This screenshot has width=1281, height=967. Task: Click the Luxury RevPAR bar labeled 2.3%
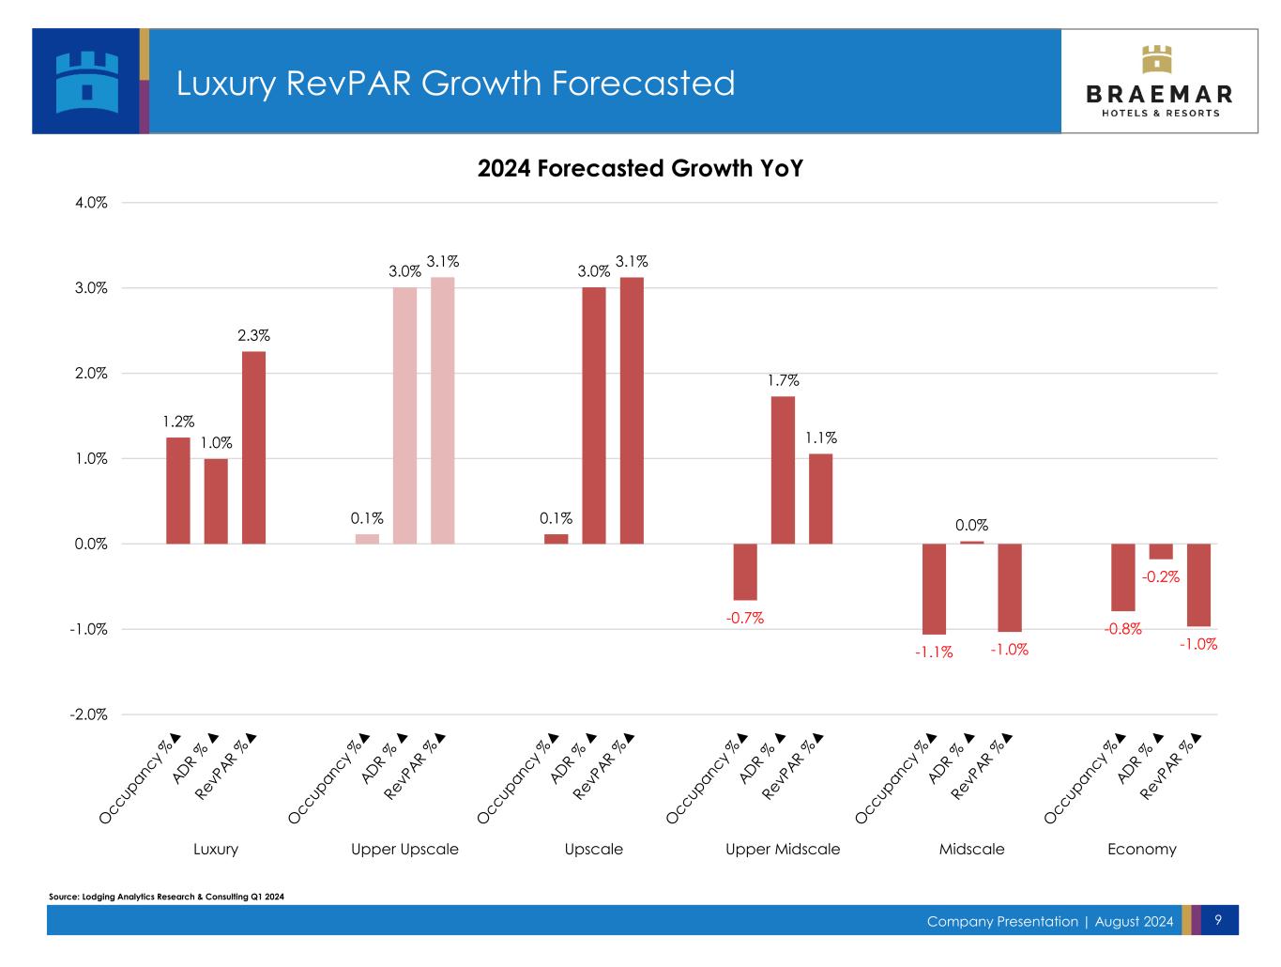coord(253,448)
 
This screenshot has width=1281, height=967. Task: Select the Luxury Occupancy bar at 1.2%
coord(178,490)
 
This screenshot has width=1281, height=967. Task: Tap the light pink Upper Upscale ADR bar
coord(404,415)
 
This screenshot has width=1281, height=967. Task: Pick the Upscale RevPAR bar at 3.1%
coord(632,410)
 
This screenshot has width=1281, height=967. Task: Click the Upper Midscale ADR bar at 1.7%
coord(783,469)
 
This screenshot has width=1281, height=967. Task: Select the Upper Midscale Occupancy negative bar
coord(745,572)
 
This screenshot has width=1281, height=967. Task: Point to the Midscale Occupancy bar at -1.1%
coord(934,589)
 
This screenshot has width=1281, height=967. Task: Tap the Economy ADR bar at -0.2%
coord(1161,552)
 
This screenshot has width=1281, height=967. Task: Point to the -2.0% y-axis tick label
coord(88,714)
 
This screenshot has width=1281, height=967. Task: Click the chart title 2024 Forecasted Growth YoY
coord(640,169)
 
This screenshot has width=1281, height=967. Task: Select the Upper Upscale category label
coord(404,849)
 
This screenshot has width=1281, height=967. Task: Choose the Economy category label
coord(1141,849)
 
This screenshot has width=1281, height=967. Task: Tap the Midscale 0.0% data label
coord(971,526)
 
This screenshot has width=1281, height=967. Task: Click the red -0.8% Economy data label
coord(1122,629)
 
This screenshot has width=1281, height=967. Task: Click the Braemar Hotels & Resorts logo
coord(1159,82)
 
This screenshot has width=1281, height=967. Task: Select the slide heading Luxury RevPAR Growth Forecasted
coord(456,84)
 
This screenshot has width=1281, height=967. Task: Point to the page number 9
coord(1217,920)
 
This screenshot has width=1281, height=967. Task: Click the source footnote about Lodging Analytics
coord(166,897)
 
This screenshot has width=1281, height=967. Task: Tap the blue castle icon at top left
coord(87,82)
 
